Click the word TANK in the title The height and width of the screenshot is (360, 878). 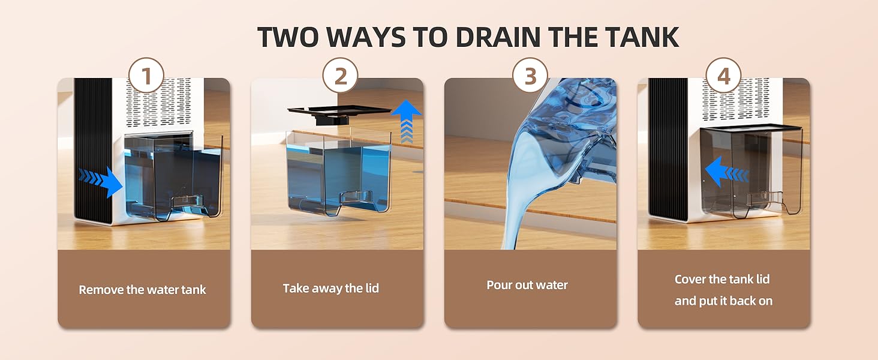[639, 37]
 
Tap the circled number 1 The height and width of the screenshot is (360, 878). [146, 76]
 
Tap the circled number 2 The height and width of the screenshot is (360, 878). [340, 76]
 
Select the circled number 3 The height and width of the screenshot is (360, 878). [530, 76]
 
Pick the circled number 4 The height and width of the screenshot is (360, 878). [723, 76]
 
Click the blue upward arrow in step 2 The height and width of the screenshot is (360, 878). [406, 120]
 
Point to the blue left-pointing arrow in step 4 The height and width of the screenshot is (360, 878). [724, 173]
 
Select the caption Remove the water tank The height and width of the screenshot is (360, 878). [143, 290]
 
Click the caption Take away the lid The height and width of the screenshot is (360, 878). [331, 289]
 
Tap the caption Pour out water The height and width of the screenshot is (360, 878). [527, 285]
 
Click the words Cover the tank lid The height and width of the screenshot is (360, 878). [722, 279]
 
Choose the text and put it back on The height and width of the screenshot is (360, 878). [723, 301]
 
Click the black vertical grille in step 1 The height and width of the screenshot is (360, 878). [93, 150]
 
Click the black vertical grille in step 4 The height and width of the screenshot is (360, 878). [667, 150]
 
